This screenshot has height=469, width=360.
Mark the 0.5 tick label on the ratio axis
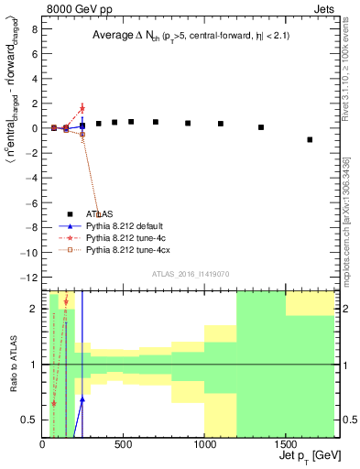[x=29, y=420]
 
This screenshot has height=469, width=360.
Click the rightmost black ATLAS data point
[x=310, y=139]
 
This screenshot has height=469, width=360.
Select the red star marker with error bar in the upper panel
[x=82, y=108]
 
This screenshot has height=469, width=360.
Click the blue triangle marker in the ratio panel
[x=82, y=399]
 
